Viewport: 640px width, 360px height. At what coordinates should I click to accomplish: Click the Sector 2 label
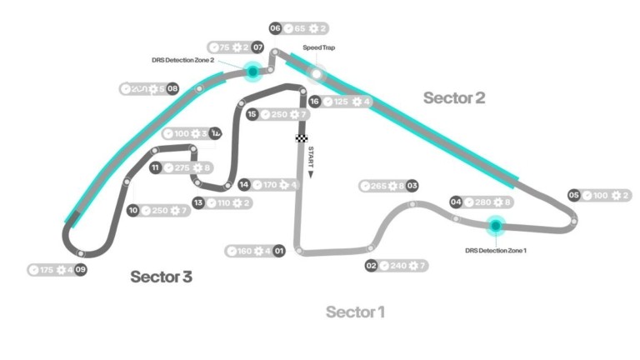453,97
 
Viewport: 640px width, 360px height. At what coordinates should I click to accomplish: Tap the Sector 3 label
161,277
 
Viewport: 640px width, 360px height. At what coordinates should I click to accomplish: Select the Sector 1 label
355,312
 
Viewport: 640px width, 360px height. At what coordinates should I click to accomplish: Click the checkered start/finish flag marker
301,137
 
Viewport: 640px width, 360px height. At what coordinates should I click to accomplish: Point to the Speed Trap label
318,47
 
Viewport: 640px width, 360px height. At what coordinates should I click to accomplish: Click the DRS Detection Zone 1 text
496,249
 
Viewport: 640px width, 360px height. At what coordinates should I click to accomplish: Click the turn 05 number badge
573,195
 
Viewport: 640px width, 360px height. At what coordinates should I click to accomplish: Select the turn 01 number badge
279,251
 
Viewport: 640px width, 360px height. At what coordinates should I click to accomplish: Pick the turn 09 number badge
80,270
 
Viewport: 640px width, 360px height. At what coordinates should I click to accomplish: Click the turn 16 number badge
314,102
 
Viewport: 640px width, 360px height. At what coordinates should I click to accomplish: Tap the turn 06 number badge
275,28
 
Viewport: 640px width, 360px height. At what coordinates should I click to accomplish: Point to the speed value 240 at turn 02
398,266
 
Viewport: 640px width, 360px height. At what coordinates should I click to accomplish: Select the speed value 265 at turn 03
378,186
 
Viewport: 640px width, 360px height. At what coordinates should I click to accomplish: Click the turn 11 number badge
155,167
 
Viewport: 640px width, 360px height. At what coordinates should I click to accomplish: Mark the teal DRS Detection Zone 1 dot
496,224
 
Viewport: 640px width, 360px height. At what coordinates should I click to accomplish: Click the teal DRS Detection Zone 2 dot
252,72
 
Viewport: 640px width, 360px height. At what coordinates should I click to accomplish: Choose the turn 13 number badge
198,202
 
